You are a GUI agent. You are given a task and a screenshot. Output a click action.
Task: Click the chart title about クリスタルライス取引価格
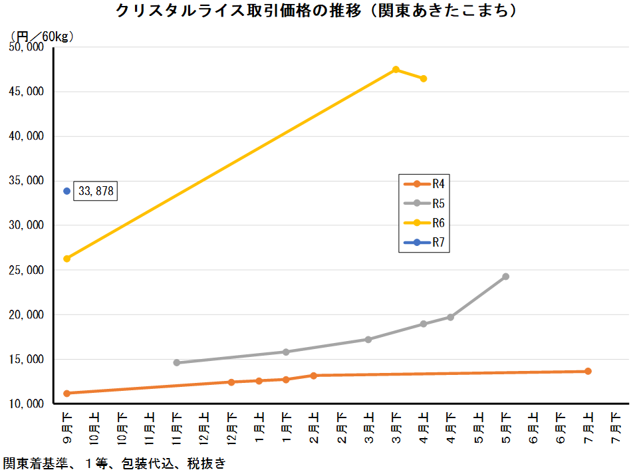click(x=317, y=11)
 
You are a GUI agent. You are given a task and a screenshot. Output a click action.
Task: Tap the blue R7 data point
click(x=66, y=191)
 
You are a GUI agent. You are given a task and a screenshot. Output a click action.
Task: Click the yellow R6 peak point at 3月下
click(x=396, y=69)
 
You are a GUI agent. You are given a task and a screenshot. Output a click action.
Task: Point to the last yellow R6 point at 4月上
click(x=424, y=78)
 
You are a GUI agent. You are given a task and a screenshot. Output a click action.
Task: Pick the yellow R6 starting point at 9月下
click(x=66, y=259)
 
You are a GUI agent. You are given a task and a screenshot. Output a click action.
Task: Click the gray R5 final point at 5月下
click(x=506, y=277)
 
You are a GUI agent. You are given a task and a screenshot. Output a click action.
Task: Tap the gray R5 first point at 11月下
click(x=176, y=363)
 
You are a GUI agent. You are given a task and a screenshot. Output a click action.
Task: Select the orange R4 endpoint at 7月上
click(x=588, y=371)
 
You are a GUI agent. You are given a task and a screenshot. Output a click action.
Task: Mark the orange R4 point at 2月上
click(x=314, y=376)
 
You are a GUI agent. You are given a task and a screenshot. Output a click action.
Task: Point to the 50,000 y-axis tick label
click(x=26, y=47)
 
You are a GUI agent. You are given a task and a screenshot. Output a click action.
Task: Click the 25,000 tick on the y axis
click(x=26, y=271)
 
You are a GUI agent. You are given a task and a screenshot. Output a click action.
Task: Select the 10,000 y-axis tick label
click(x=26, y=404)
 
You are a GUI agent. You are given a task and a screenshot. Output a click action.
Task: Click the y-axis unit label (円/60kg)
click(x=41, y=36)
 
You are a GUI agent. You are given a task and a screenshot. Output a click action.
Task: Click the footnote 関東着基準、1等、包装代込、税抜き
click(x=114, y=463)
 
